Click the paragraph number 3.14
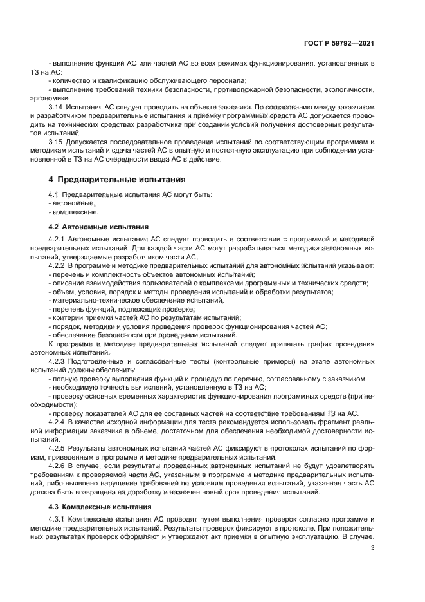click(57, 104)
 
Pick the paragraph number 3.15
click(57, 140)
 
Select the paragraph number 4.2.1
click(58, 239)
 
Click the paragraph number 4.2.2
click(58, 265)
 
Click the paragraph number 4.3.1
click(58, 520)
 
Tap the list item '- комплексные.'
click(72, 211)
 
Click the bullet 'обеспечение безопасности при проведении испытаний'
click(144, 335)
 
